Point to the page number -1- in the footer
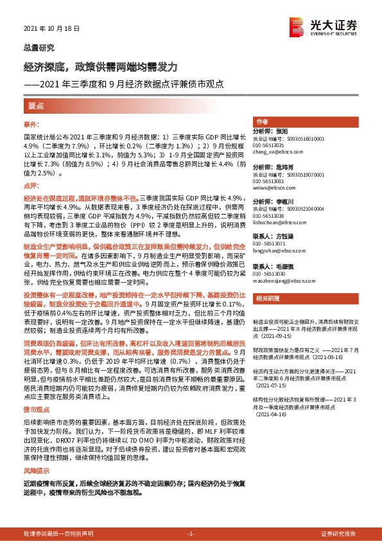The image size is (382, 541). pyautogui.click(x=191, y=534)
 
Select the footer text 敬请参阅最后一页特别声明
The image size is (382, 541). pyautogui.click(x=58, y=534)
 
